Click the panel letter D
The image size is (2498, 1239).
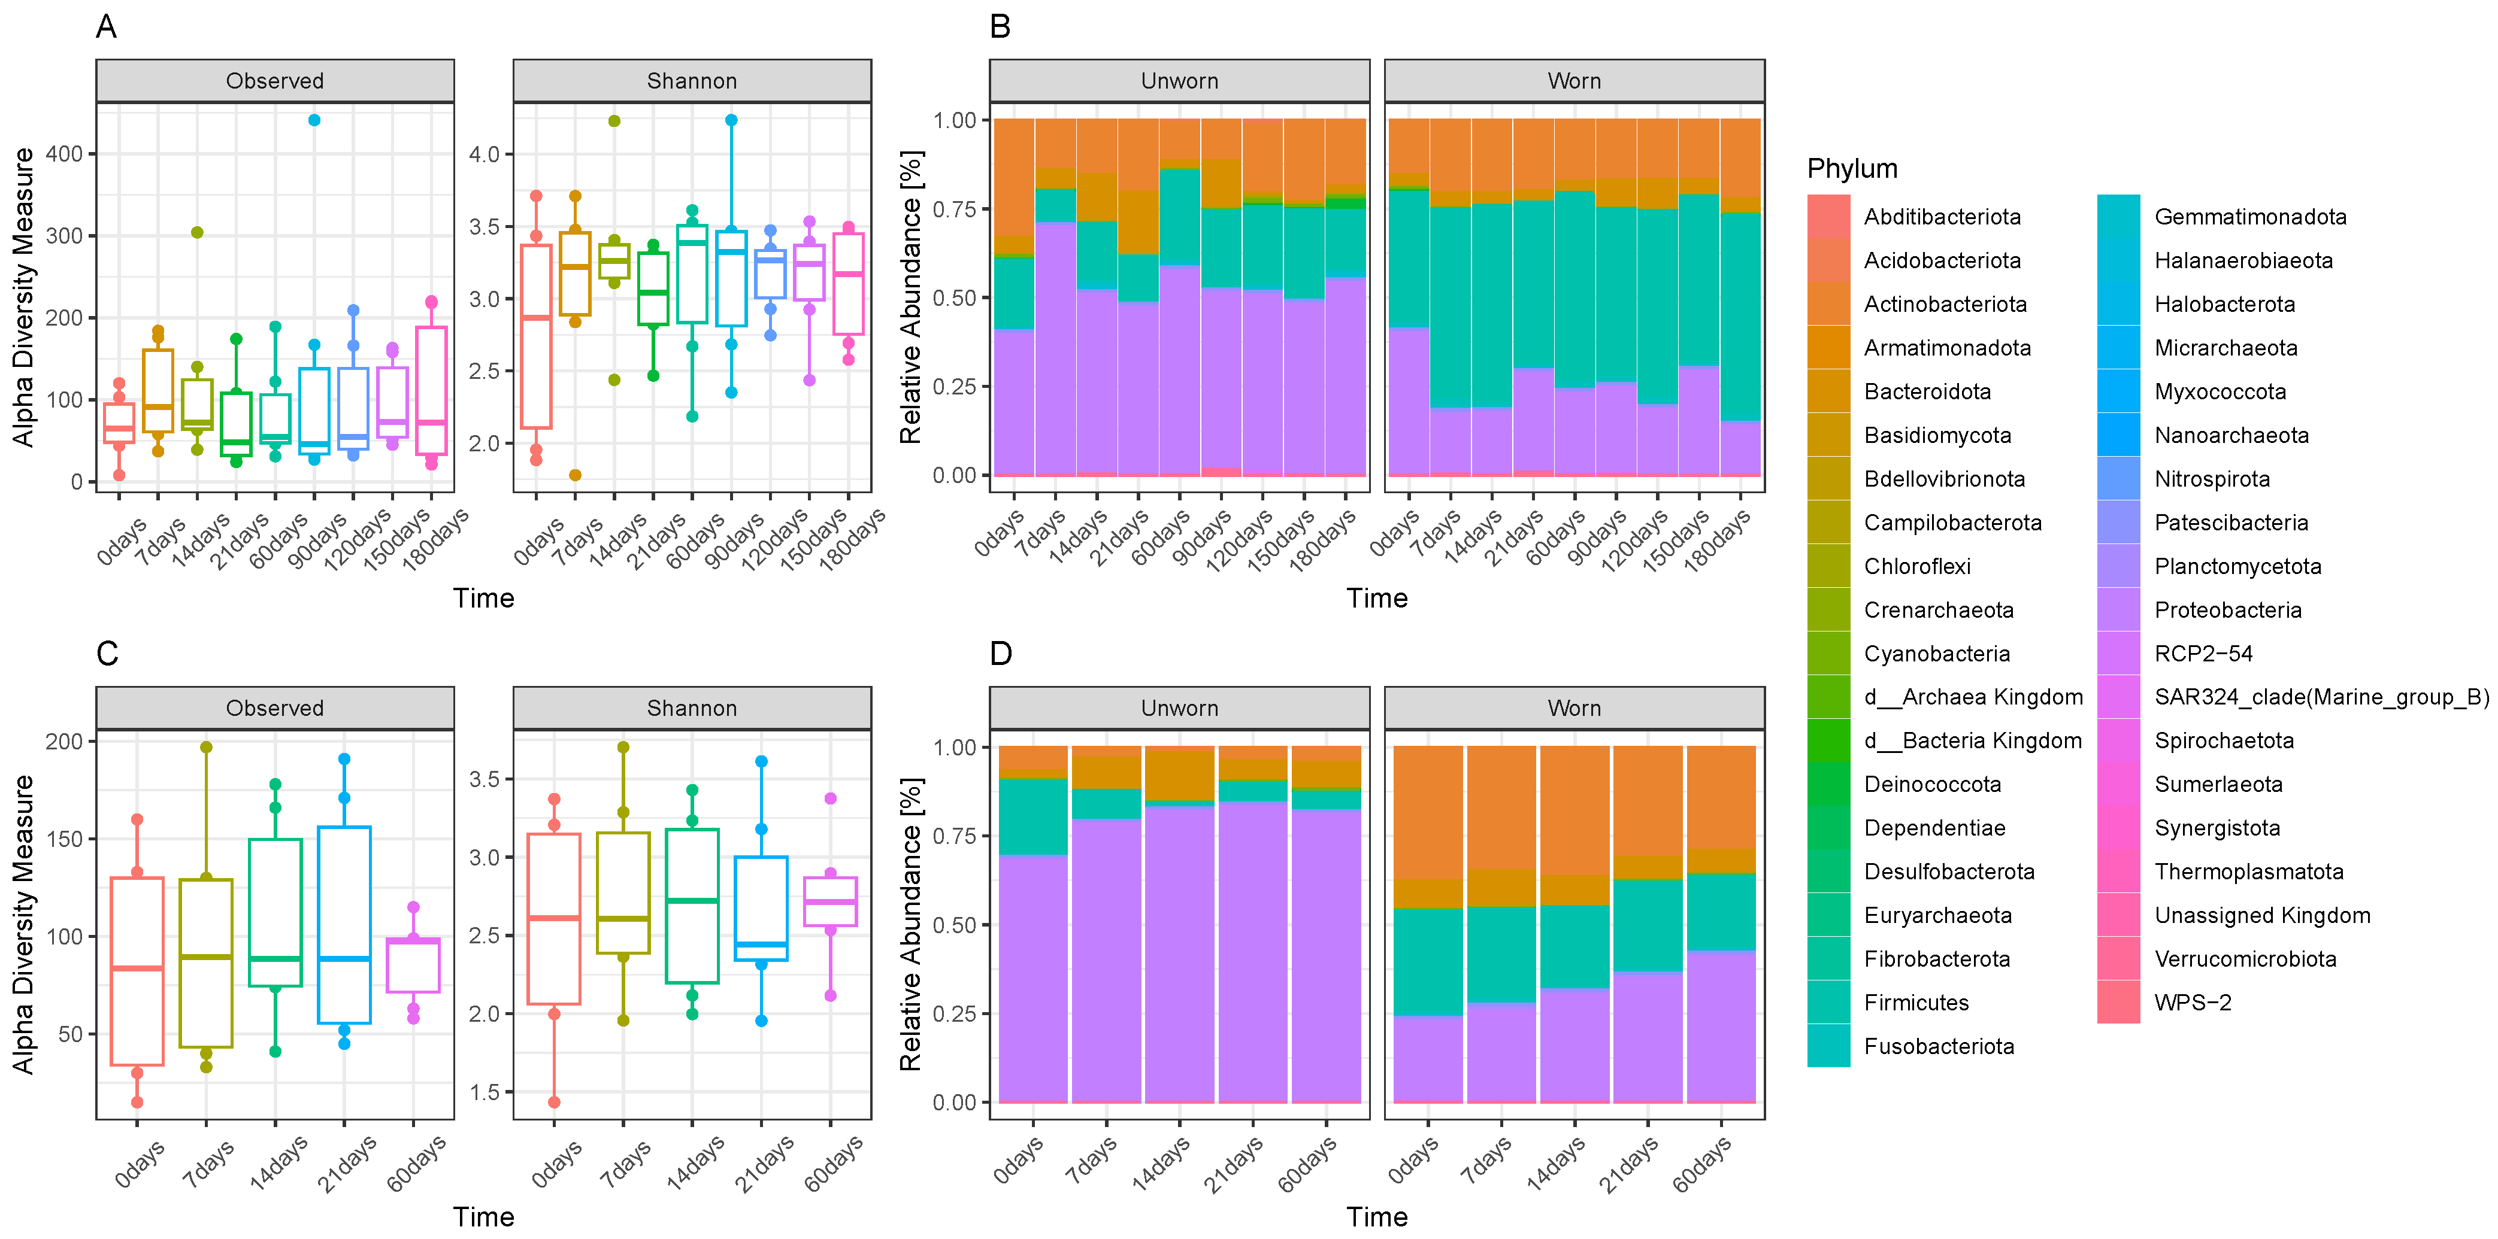point(1001,654)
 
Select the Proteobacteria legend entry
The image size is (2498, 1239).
point(2227,610)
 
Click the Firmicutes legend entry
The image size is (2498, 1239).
point(1915,1003)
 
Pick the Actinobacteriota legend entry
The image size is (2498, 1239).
point(1944,305)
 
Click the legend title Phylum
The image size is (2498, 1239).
point(1851,169)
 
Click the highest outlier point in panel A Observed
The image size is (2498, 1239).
point(314,120)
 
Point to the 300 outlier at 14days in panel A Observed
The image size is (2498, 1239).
point(197,233)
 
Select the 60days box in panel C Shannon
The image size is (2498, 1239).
point(830,901)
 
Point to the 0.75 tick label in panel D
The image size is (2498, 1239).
point(954,836)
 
